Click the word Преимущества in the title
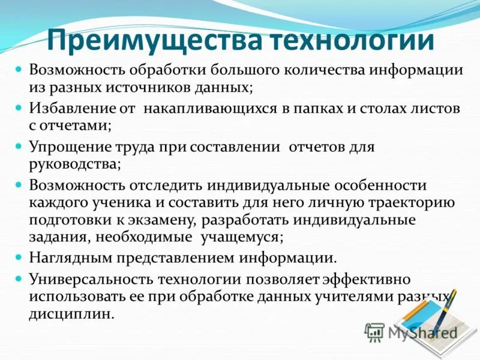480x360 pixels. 155,40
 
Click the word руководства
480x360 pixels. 75,164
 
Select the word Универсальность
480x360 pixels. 89,280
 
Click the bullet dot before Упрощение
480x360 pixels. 18,146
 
